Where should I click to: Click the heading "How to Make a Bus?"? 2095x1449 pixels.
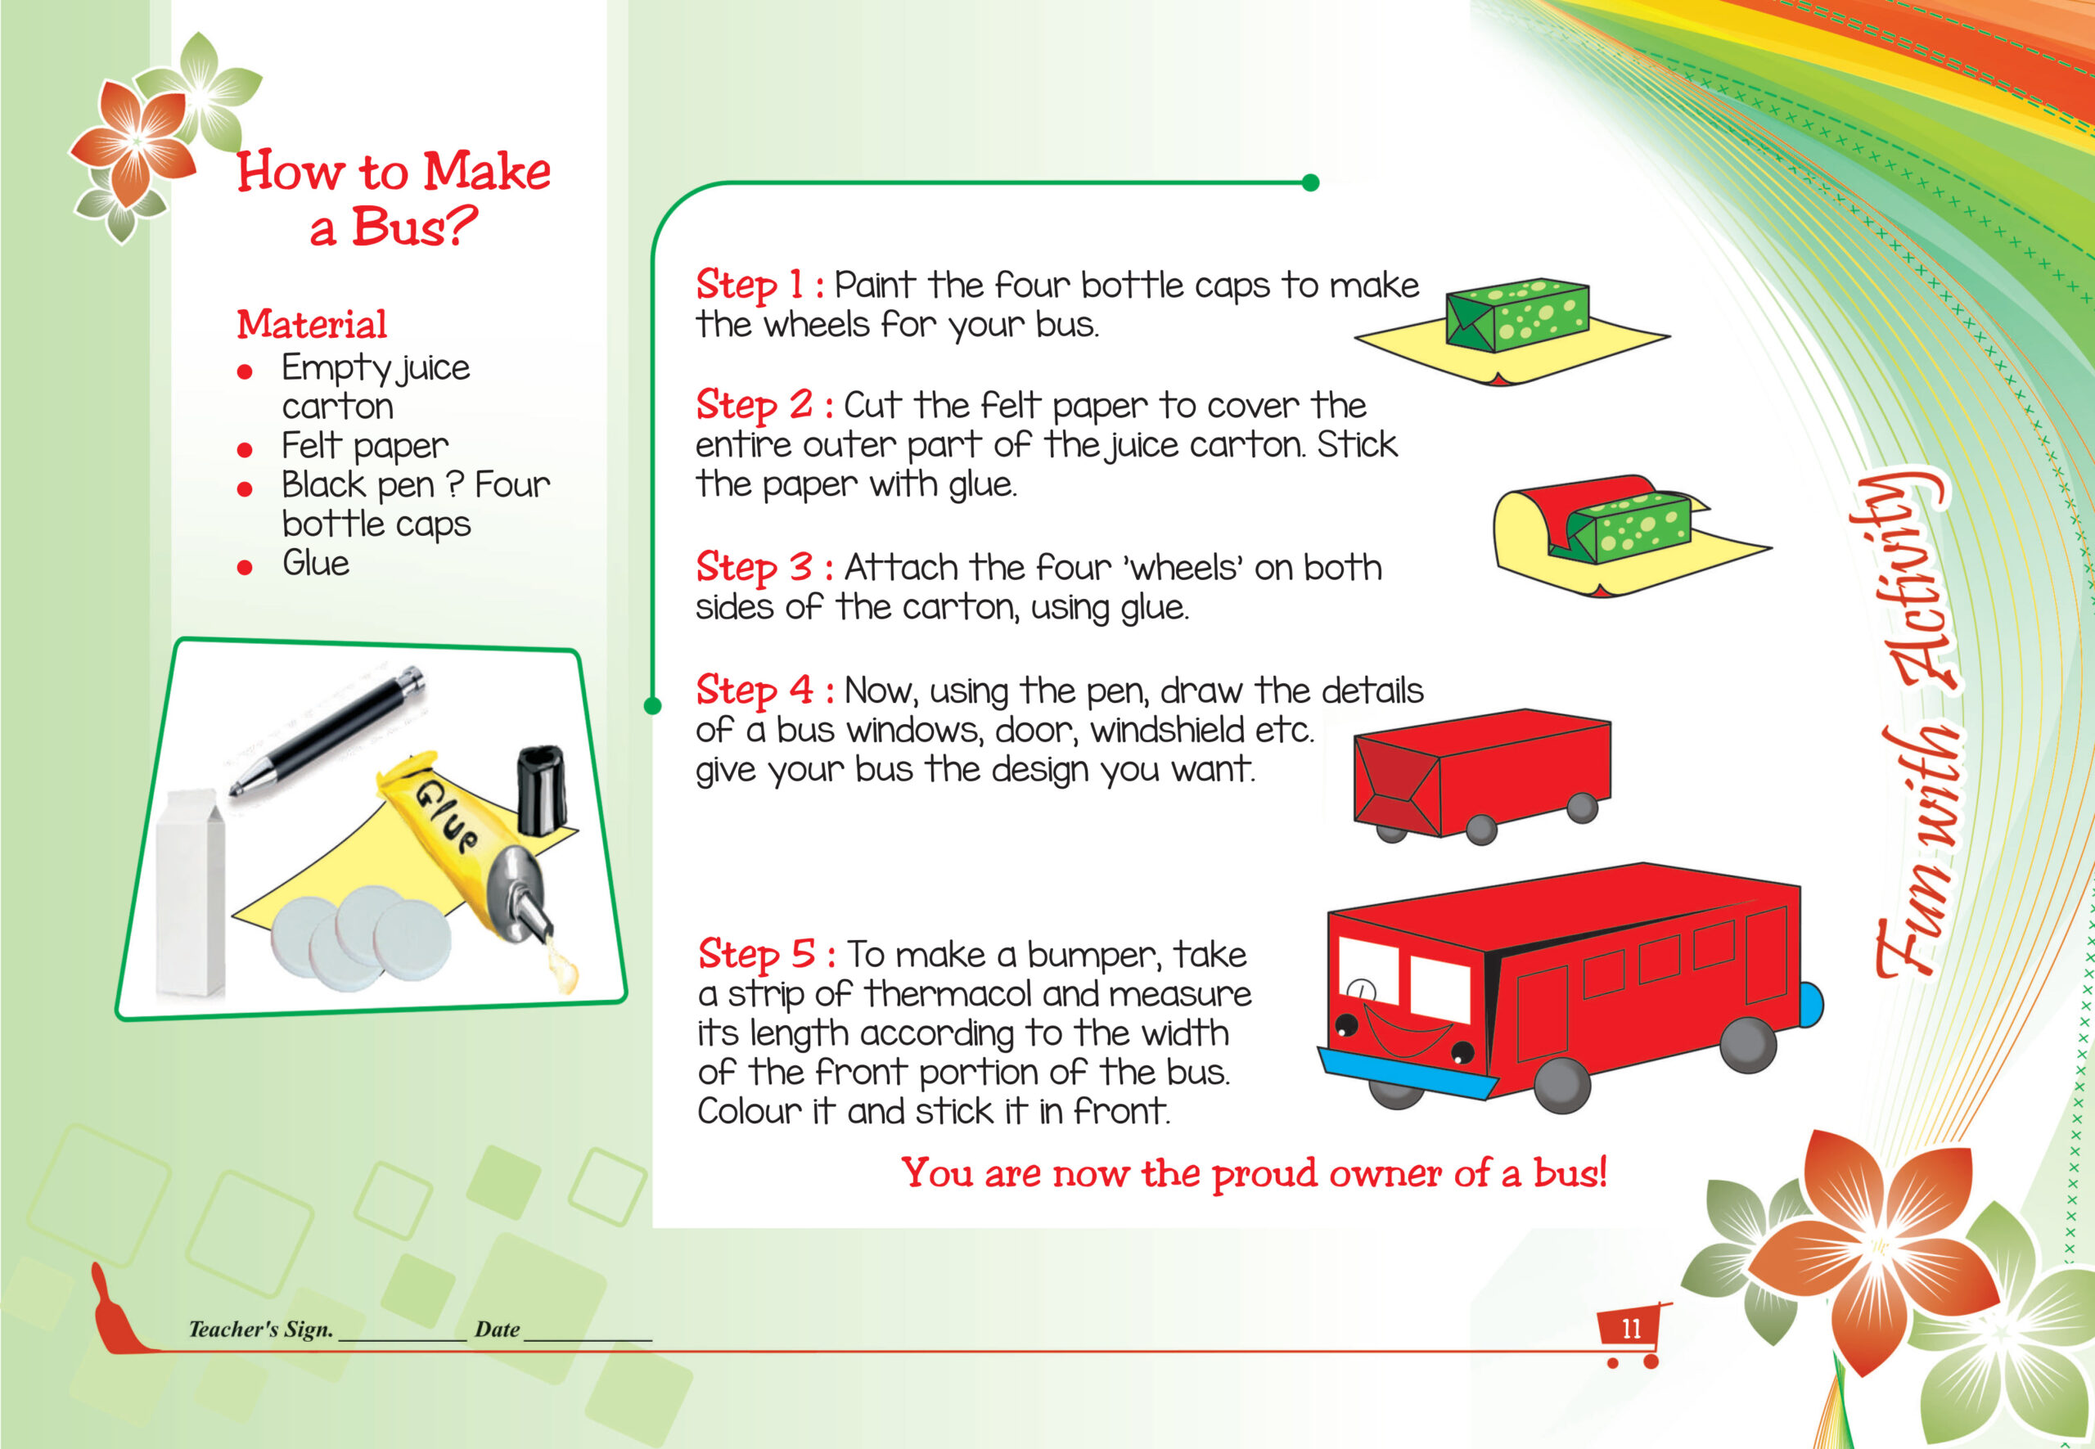393,198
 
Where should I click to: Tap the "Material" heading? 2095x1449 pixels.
312,324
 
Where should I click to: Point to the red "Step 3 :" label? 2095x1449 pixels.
764,568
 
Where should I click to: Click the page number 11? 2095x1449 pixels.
1632,1330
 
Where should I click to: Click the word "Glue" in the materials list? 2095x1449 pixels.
315,563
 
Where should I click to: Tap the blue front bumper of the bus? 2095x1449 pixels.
1408,1075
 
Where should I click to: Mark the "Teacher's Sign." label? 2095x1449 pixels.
260,1330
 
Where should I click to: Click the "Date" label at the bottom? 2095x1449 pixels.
497,1330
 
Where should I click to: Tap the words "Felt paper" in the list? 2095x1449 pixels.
365,447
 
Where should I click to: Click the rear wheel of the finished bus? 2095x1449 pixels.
1748,1045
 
